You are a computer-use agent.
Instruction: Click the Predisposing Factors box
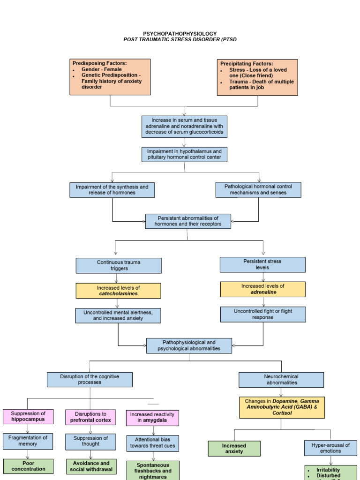(110, 77)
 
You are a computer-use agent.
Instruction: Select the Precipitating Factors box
(257, 77)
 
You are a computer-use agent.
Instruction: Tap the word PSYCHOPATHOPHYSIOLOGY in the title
(180, 34)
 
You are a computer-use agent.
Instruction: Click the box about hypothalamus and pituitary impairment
(184, 155)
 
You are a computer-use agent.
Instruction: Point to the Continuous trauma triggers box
(119, 265)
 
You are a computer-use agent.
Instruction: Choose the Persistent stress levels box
(262, 264)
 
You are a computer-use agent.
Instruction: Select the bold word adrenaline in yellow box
(263, 292)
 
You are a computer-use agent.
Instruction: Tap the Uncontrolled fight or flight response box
(263, 314)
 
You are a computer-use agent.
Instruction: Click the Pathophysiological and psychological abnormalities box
(189, 345)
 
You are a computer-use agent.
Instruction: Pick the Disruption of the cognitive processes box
(90, 379)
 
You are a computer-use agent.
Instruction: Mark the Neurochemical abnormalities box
(281, 379)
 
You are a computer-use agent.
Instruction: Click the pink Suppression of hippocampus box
(28, 416)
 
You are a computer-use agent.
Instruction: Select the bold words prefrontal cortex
(90, 420)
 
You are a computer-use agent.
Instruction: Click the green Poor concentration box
(28, 466)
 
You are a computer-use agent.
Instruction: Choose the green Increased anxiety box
(234, 449)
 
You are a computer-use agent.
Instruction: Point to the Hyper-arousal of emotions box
(330, 448)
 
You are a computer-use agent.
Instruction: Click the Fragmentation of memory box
(28, 441)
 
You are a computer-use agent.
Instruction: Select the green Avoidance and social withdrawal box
(90, 466)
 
